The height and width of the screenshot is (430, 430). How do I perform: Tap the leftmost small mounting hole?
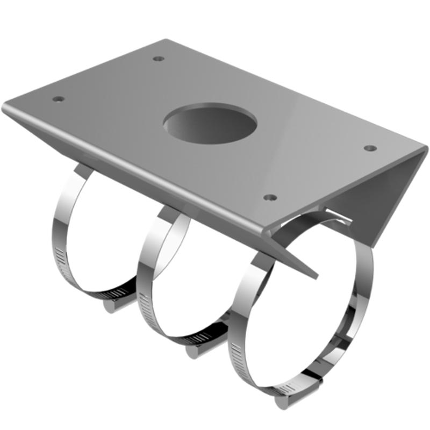point(58,99)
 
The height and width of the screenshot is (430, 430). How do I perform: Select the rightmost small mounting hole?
point(369,148)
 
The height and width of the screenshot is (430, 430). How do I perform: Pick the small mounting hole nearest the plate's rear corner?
point(158,58)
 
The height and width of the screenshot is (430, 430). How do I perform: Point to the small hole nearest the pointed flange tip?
point(271,197)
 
